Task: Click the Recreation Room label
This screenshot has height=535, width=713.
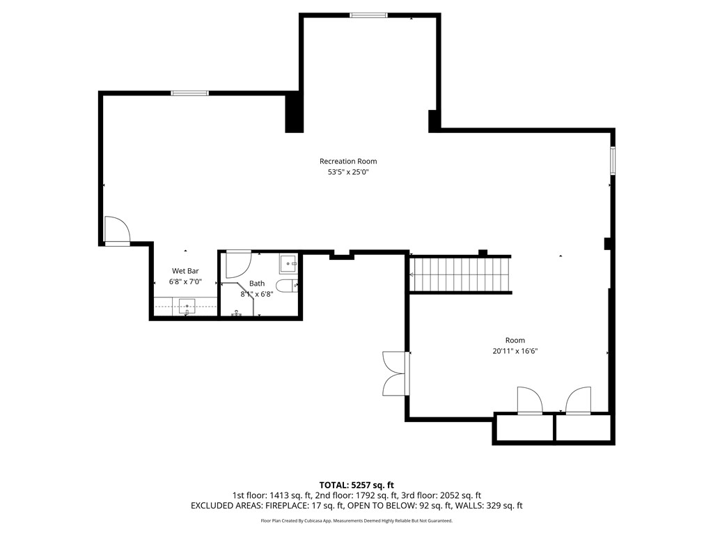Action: click(x=348, y=161)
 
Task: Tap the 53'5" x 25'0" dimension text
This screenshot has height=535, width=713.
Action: click(x=348, y=173)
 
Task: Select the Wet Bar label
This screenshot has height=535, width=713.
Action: click(x=186, y=270)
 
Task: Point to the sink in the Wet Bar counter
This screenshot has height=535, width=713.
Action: click(x=187, y=306)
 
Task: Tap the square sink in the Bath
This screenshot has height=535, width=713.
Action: click(x=289, y=263)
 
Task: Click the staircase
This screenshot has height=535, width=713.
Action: click(x=460, y=274)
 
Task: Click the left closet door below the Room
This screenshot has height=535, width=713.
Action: click(x=530, y=401)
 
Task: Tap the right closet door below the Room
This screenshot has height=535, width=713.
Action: click(x=578, y=401)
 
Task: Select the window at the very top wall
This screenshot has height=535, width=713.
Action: click(x=369, y=15)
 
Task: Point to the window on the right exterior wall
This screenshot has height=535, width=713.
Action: click(x=613, y=160)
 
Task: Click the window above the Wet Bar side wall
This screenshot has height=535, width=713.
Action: click(x=189, y=93)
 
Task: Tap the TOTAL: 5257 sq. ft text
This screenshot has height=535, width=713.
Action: click(x=356, y=485)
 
